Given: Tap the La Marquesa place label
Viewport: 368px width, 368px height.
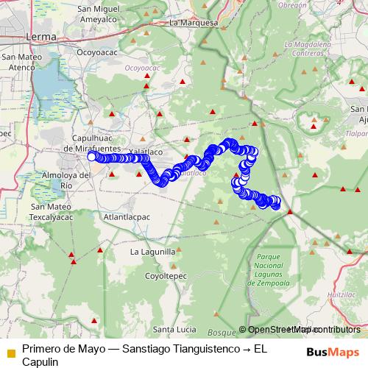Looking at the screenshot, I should point(194,23).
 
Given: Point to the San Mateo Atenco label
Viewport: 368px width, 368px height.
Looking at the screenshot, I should point(20,62).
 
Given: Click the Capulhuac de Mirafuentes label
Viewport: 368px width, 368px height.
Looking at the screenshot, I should point(102,142).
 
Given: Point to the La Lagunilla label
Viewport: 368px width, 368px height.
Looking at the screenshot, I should point(153,251).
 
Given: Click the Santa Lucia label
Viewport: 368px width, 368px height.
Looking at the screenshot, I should point(174,328).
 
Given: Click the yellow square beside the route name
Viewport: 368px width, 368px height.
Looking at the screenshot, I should point(10,353).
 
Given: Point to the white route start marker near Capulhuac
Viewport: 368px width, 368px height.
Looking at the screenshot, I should point(92,157).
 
